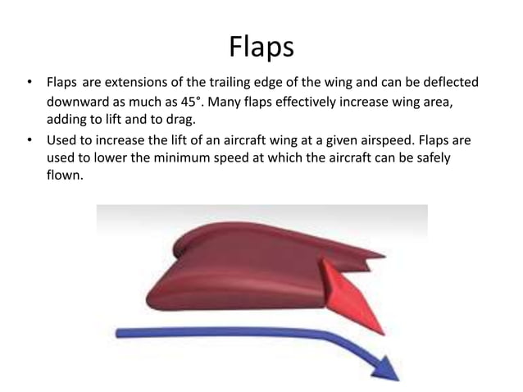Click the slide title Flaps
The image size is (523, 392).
(x=261, y=47)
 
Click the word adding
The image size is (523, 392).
(x=66, y=121)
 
